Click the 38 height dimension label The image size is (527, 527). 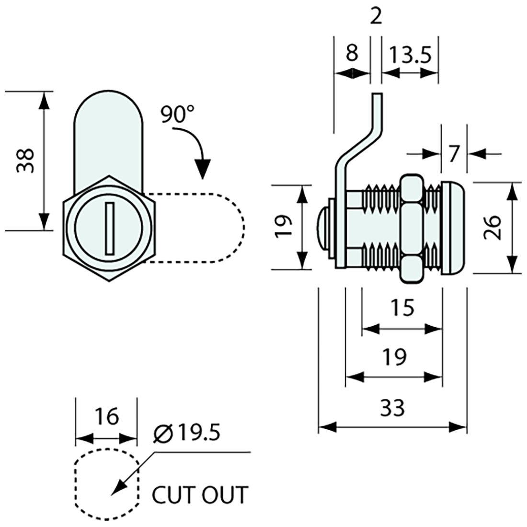[25, 160]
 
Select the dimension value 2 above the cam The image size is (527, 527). [377, 17]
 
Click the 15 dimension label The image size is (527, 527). [401, 308]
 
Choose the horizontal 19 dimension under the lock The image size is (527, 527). [394, 356]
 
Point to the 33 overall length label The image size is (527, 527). [393, 409]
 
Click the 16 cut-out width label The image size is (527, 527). [106, 416]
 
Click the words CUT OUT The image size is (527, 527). [200, 494]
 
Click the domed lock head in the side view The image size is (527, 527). [453, 228]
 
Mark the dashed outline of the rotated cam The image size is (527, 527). [242, 228]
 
